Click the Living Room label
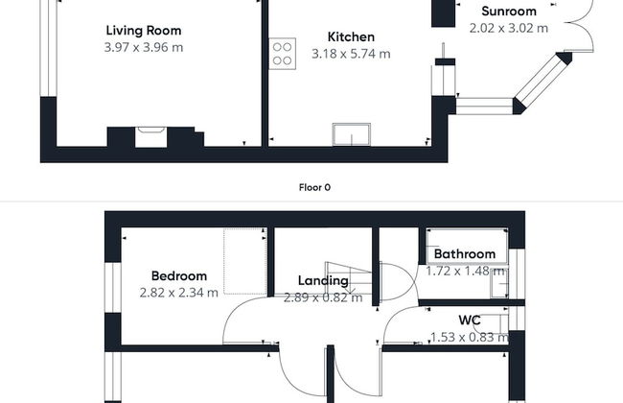pos(143,31)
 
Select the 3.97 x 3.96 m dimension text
pos(143,47)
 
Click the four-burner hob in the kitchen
pos(282,53)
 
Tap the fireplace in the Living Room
pos(150,135)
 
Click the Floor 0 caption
pos(313,187)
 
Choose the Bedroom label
pos(178,276)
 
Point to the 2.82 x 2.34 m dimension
pos(178,293)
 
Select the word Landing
pos(323,281)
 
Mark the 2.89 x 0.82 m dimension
pos(323,297)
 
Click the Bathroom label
pos(464,254)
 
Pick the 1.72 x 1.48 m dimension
pos(465,272)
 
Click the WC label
pos(469,320)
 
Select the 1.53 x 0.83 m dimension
pos(469,337)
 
